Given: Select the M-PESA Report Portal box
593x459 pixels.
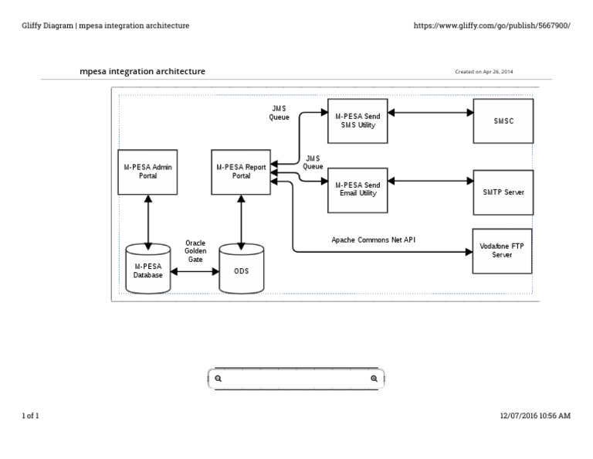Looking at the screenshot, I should click(242, 172).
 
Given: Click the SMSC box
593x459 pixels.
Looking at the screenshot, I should click(503, 121).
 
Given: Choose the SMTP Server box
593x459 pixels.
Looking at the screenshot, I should click(503, 192).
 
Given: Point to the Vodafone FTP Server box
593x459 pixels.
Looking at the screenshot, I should click(502, 250).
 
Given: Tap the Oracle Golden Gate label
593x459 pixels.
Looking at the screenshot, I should click(195, 251).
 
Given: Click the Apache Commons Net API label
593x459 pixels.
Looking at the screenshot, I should click(374, 240).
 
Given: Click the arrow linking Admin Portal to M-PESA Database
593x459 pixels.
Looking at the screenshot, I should click(147, 220).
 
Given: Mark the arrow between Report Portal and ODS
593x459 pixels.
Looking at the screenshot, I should click(242, 220).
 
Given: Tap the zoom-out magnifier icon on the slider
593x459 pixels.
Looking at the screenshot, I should click(219, 379).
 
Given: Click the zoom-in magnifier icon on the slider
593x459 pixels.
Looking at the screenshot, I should click(374, 379).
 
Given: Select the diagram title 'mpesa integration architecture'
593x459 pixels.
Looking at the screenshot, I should click(143, 72).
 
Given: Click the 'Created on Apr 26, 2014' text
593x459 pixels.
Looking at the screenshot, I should click(484, 72).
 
